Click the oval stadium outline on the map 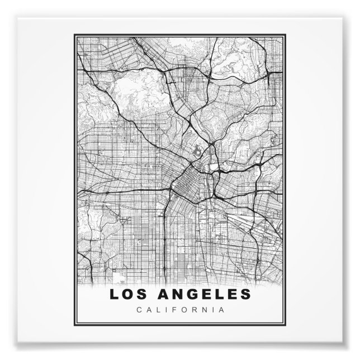point(198,151)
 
